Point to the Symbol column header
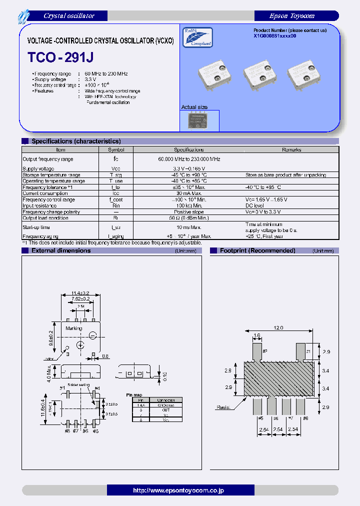pyautogui.click(x=116, y=149)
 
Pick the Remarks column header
pyautogui.click(x=291, y=149)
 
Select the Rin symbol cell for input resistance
pyautogui.click(x=116, y=205)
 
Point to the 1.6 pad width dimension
pyautogui.click(x=257, y=336)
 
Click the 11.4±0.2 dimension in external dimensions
pyautogui.click(x=80, y=293)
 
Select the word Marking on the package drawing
pyautogui.click(x=74, y=328)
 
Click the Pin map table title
pyautogui.click(x=133, y=395)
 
